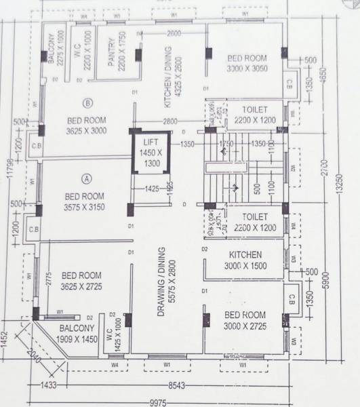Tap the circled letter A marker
tap(86, 179)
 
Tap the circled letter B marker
tap(87, 103)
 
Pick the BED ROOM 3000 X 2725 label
tap(245, 321)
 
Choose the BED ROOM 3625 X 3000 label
tap(87, 126)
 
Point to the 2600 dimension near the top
tap(175, 33)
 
